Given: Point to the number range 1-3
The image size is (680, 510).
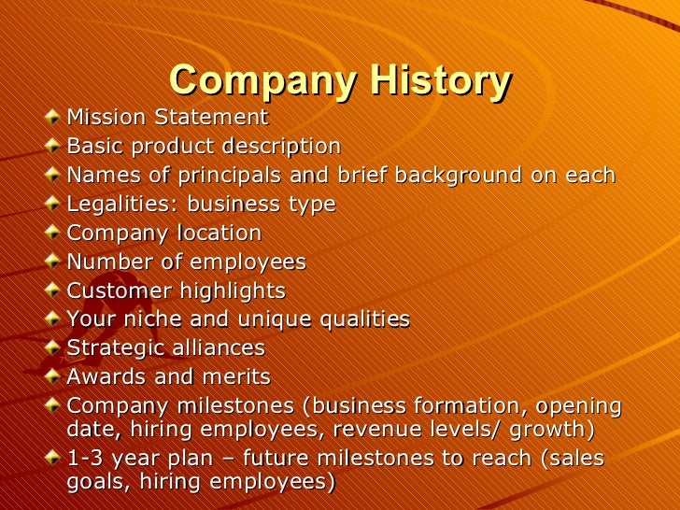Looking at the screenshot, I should pyautogui.click(x=87, y=459).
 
